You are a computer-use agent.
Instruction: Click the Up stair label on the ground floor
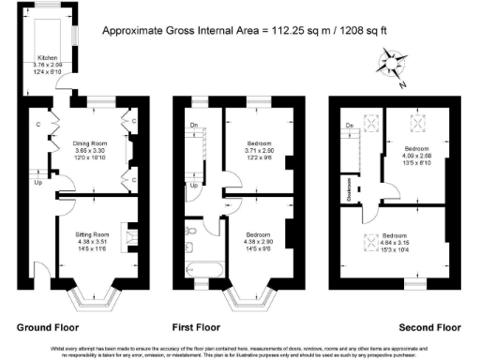click(37, 183)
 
